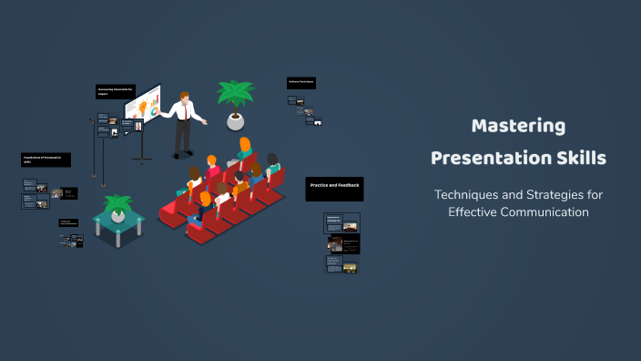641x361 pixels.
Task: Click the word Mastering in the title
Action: [x=518, y=126]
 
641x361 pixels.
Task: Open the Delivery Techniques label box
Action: [x=301, y=82]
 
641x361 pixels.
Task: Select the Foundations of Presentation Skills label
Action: [x=46, y=160]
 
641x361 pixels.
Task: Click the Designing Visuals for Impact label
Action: [x=116, y=91]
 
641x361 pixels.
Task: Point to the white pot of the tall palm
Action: [x=236, y=120]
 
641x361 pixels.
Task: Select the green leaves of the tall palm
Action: [x=235, y=93]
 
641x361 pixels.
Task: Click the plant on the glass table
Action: [x=117, y=204]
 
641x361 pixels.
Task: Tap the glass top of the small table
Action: [x=118, y=219]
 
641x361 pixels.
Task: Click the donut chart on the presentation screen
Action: [x=154, y=111]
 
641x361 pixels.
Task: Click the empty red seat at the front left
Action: [x=170, y=211]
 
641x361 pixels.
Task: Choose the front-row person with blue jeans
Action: [x=202, y=208]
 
